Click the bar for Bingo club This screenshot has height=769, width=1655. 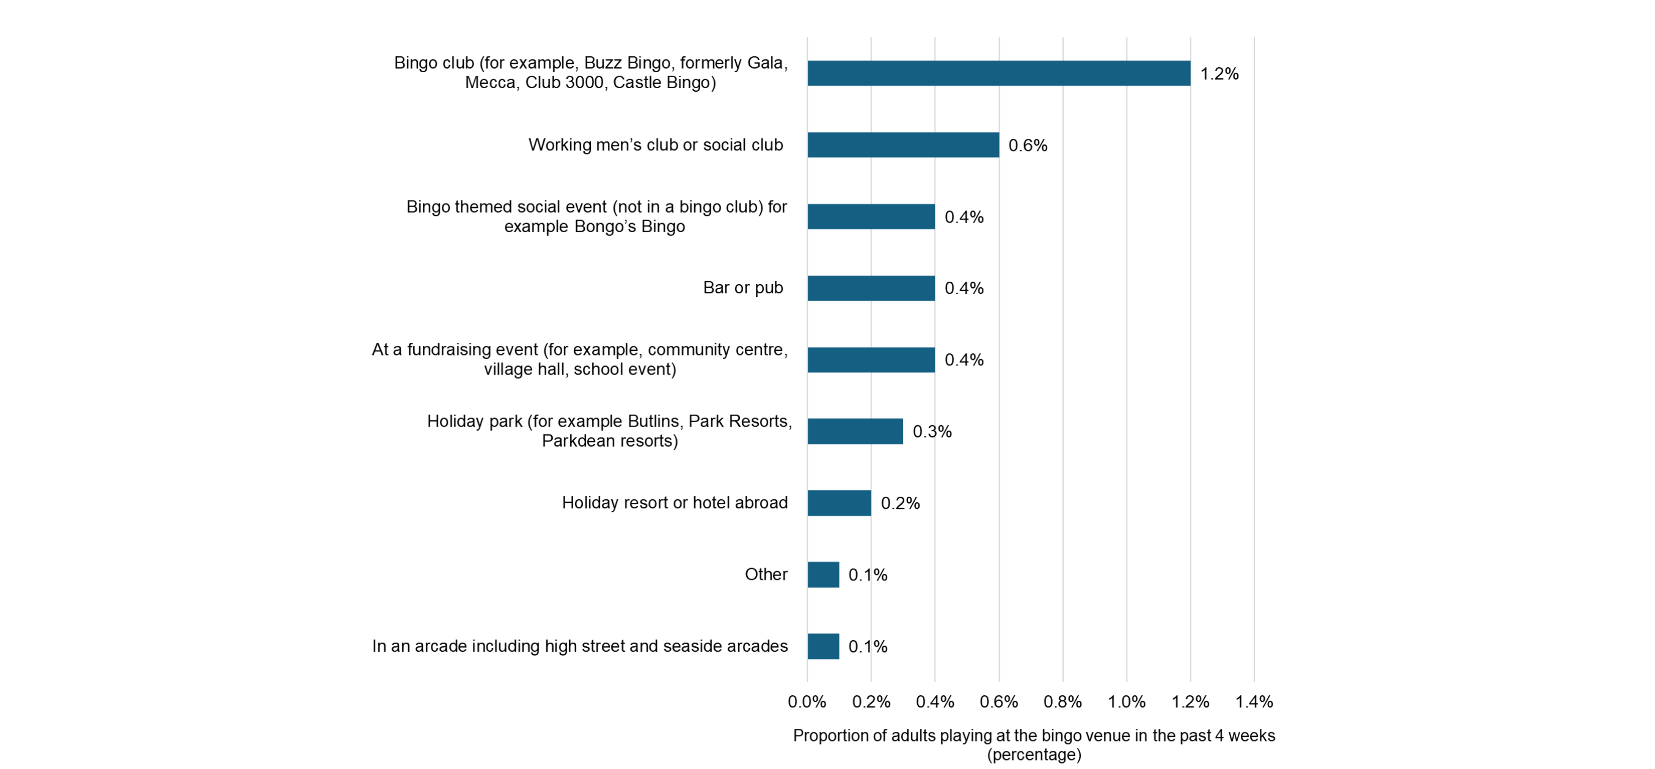(999, 73)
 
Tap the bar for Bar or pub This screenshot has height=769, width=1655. (871, 288)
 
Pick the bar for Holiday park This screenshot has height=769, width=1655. (855, 431)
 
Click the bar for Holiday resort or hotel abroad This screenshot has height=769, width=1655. (839, 502)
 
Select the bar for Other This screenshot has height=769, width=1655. (823, 574)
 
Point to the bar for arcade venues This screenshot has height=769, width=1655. (823, 646)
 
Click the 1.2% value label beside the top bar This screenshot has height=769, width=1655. (1219, 74)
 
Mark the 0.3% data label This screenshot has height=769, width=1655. (932, 432)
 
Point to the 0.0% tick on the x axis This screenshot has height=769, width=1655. (807, 701)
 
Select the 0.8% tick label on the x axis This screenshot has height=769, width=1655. (1062, 701)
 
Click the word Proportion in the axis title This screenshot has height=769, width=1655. (830, 735)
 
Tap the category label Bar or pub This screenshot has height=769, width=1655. (743, 288)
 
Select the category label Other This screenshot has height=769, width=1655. (766, 574)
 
